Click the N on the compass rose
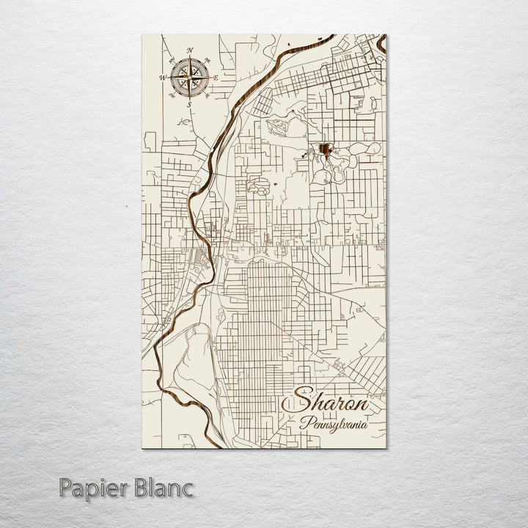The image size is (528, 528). tap(190, 50)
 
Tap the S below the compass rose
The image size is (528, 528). tap(189, 105)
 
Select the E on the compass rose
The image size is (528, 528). tap(216, 77)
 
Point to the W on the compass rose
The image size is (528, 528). tap(163, 77)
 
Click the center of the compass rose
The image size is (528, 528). tap(190, 77)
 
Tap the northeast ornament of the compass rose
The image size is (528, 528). tap(208, 59)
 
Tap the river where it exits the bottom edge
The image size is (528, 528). tap(215, 444)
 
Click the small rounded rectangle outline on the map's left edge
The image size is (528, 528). tap(150, 140)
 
